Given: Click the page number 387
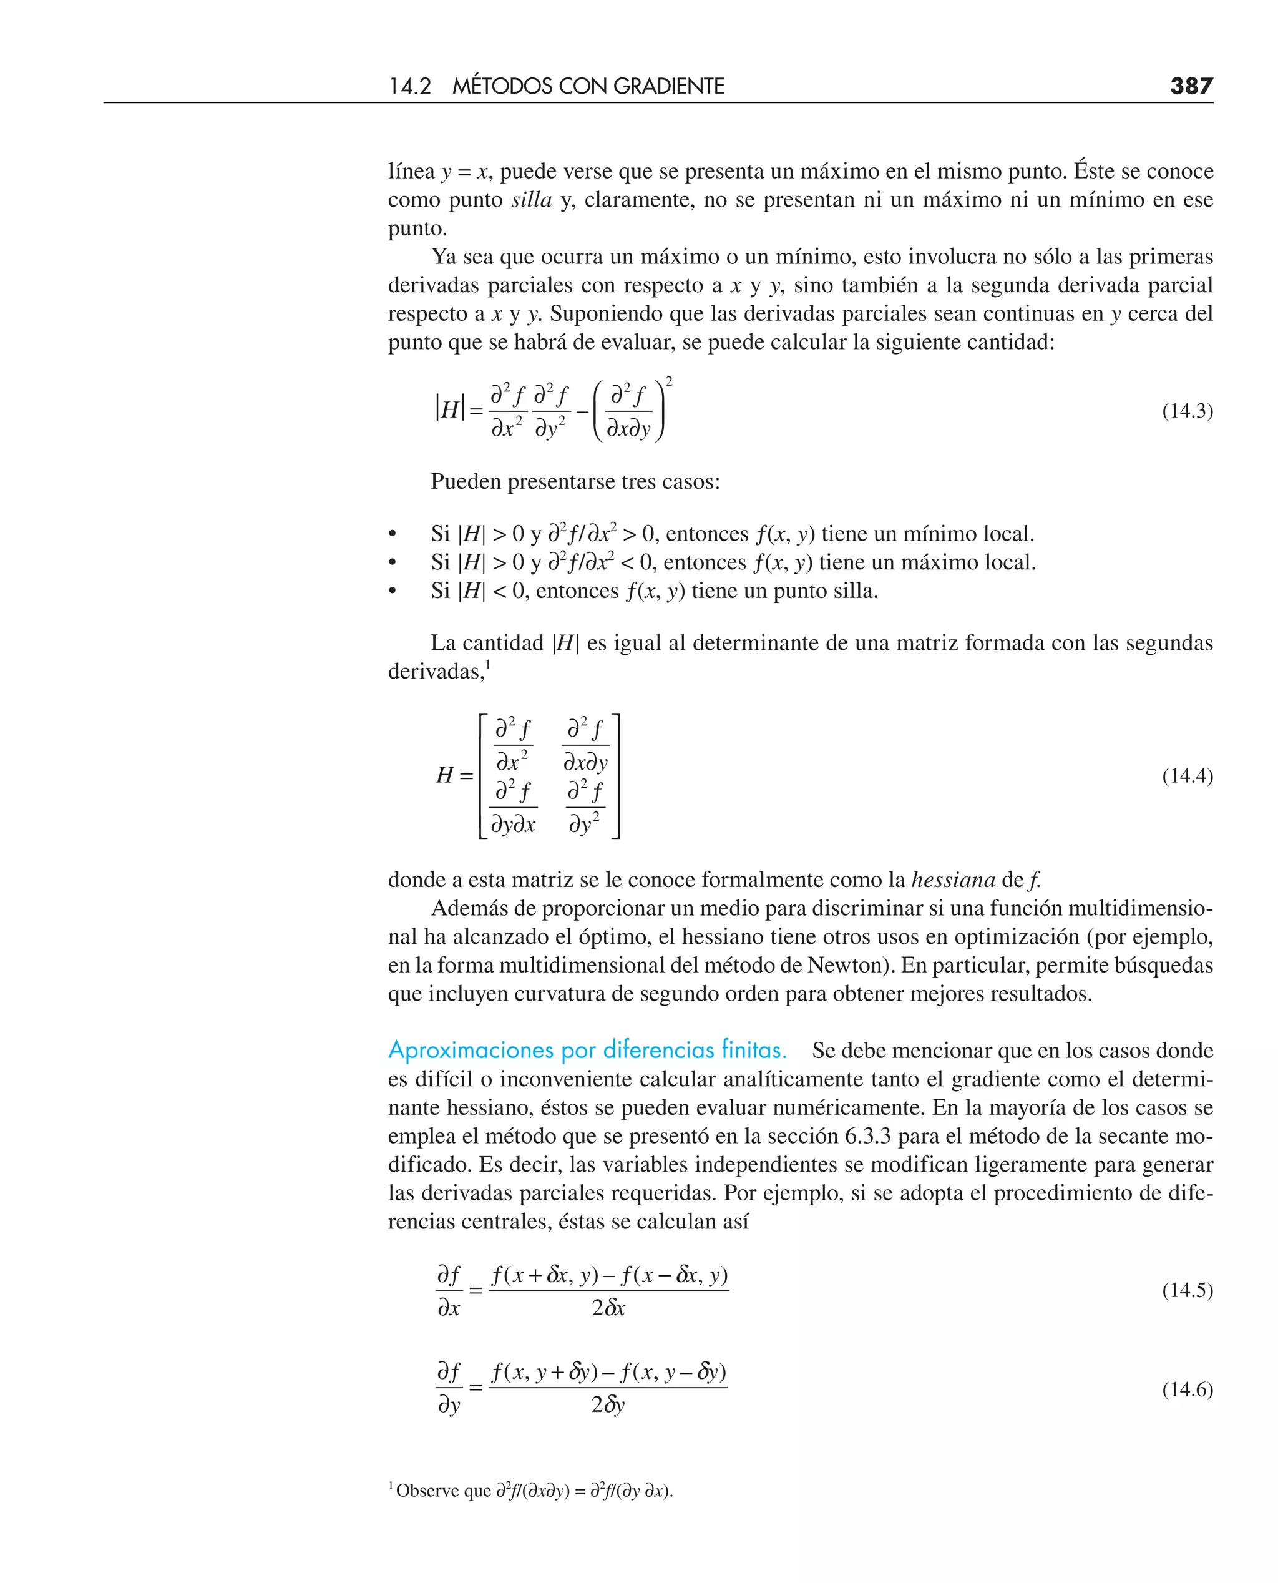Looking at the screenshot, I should [1191, 86].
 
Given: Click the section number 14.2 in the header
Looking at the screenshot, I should [409, 87].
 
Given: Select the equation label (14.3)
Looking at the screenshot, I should [1188, 411].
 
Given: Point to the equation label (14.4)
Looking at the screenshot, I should [1188, 776].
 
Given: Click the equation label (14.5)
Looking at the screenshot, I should [1188, 1291].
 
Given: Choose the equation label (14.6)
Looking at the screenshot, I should [1188, 1389].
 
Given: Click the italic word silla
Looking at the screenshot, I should [532, 200].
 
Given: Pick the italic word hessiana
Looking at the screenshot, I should [953, 880].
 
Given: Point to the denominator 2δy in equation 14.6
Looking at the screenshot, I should [608, 1406].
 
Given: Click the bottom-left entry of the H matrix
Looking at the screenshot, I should [513, 808].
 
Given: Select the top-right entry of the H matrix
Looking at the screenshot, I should [586, 745].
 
